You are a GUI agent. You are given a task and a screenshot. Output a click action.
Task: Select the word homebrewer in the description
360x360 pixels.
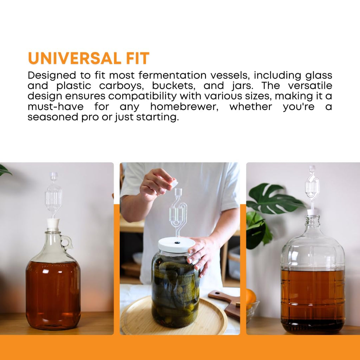[x=184, y=107]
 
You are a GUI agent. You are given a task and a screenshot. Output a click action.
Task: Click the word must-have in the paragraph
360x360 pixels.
[x=55, y=107]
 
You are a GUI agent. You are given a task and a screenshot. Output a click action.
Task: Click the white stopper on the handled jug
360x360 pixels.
[x=53, y=224]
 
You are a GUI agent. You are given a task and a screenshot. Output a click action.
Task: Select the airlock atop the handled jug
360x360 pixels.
[x=53, y=195]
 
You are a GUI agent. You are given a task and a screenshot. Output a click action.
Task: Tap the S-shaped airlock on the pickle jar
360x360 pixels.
[x=178, y=211]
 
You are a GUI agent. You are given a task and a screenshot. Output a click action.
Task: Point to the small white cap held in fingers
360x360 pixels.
[x=174, y=184]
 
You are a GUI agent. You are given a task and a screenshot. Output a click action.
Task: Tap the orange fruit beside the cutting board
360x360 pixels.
[x=250, y=297]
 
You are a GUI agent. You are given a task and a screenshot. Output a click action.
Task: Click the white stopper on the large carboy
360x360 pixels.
[x=313, y=212]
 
